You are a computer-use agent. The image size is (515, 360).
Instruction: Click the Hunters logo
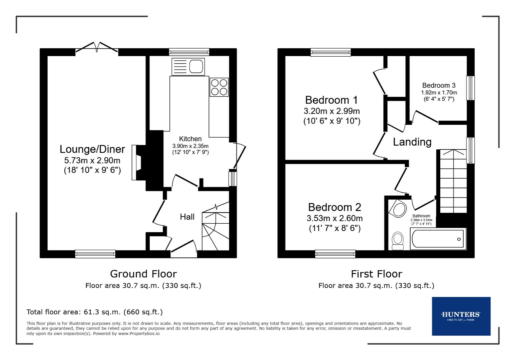(461, 316)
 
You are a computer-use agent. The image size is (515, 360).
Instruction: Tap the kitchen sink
(188, 67)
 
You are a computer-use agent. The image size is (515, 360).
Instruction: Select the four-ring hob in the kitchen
(219, 87)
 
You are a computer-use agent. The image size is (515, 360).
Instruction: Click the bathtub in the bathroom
(438, 239)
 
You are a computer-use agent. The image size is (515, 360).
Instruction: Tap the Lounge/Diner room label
(92, 149)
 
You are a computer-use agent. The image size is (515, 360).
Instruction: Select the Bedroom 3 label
(439, 85)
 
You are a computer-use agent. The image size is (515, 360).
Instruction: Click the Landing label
(412, 142)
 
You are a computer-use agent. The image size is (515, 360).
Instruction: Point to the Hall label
(187, 217)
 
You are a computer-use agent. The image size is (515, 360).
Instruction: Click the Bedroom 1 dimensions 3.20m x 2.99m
(332, 111)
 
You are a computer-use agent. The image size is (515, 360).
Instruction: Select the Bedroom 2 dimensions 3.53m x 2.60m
(334, 218)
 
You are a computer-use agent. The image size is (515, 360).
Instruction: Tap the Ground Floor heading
(143, 274)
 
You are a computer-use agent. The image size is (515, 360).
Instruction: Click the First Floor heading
(376, 274)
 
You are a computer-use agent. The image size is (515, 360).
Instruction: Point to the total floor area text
(94, 312)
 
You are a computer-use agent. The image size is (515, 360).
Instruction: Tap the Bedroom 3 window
(470, 88)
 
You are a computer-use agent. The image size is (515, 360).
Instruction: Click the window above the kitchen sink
(189, 52)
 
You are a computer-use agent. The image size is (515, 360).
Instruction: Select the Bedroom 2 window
(335, 254)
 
